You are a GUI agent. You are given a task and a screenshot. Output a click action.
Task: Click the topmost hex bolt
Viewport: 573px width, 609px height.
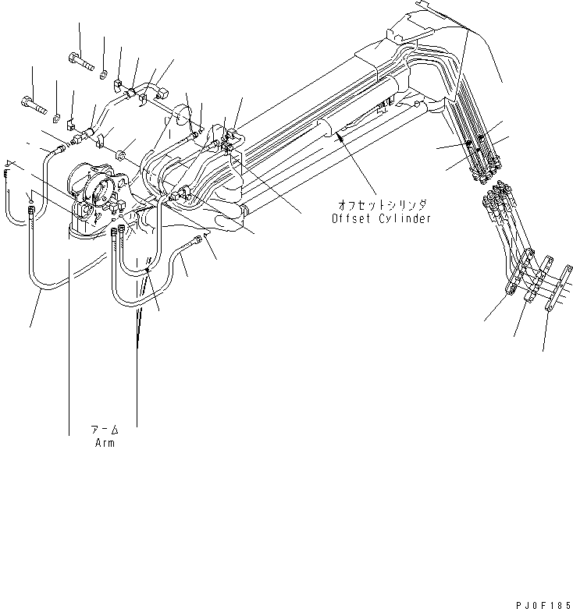81,58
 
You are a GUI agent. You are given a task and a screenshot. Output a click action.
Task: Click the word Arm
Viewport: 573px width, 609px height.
103,443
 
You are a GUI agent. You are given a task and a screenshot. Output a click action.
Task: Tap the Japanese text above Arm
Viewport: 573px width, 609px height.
104,430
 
